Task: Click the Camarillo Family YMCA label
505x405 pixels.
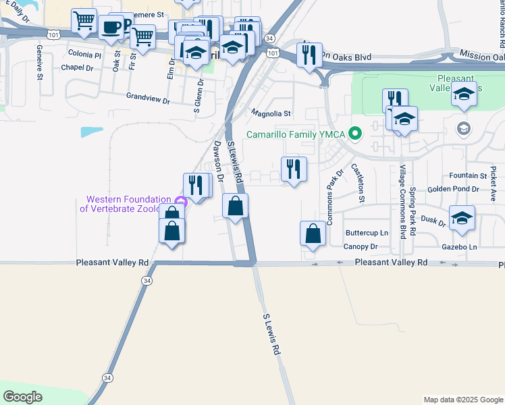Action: pos(295,134)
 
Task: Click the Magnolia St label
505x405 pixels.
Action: pos(270,113)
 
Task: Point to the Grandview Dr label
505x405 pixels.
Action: pos(148,98)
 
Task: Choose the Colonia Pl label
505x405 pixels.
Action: pos(84,53)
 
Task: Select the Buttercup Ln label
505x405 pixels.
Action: pos(367,233)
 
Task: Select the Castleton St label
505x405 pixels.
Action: pos(358,186)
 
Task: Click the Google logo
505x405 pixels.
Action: pos(22,397)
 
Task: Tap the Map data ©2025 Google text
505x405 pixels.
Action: pos(462,400)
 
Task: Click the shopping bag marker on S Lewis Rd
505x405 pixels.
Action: pos(235,206)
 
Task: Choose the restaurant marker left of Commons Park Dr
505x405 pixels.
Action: pos(294,169)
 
